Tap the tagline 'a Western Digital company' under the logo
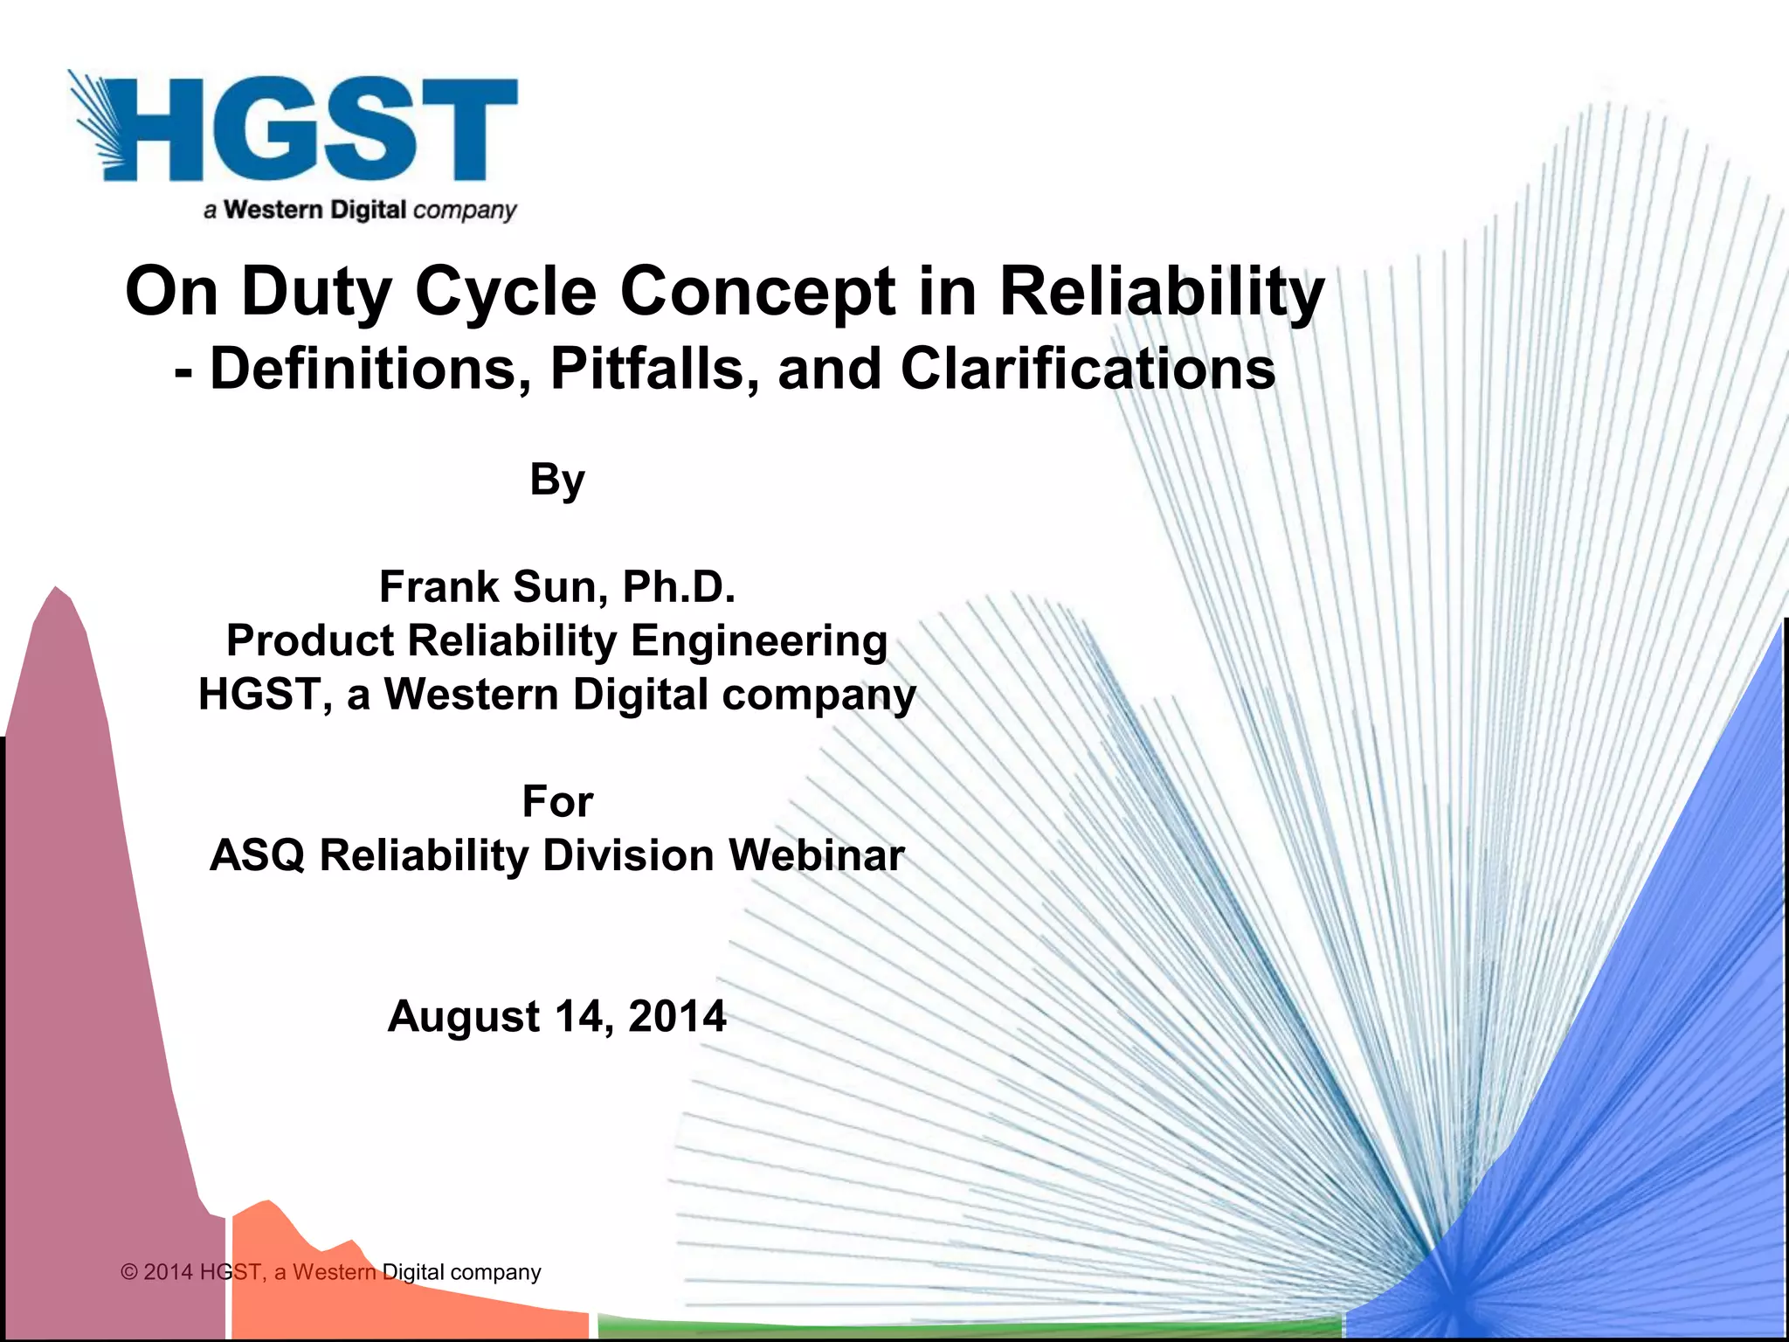click(x=360, y=211)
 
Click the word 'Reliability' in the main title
click(x=1162, y=292)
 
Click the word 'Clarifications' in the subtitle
click(x=1088, y=369)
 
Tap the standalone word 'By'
click(x=557, y=480)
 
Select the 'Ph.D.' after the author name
click(x=679, y=586)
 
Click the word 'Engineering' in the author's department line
click(x=759, y=641)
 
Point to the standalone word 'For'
click(x=557, y=801)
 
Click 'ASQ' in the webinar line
click(x=257, y=855)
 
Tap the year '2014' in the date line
click(x=676, y=1016)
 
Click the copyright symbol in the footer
click(x=130, y=1272)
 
